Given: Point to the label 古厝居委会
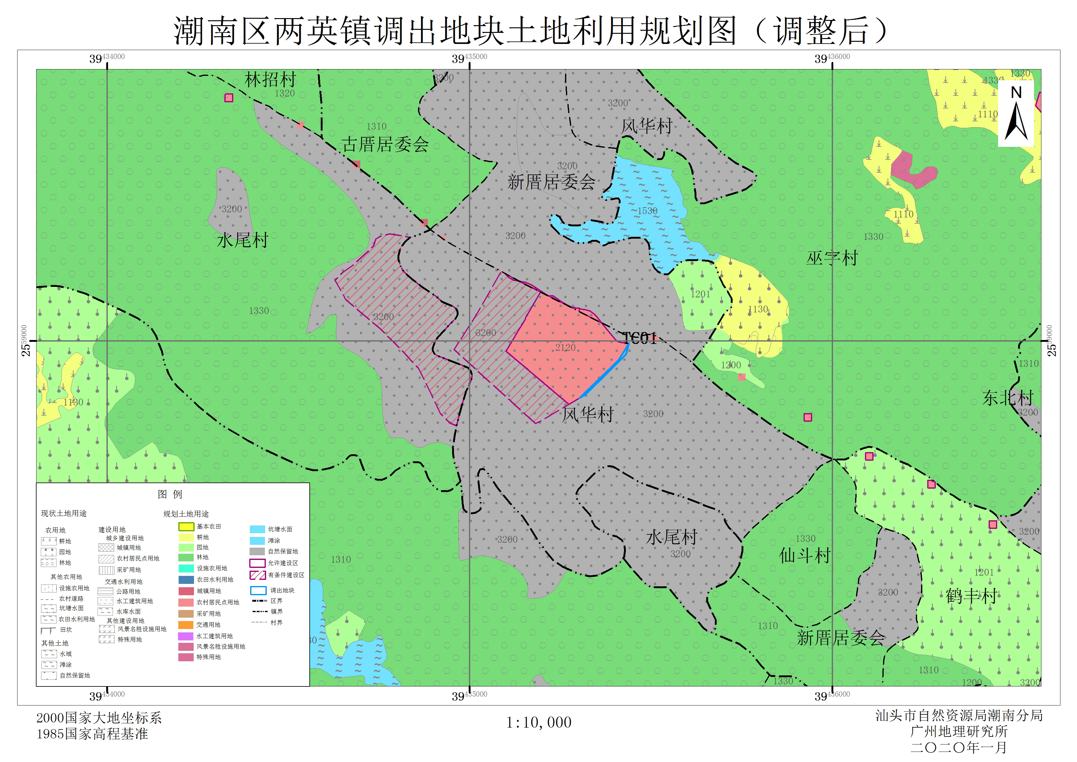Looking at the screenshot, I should click(385, 144).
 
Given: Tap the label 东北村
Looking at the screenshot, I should click(1008, 398).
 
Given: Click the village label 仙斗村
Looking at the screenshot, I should click(804, 555).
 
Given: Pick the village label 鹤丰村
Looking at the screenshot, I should click(971, 596).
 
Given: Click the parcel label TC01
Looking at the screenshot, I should click(640, 338).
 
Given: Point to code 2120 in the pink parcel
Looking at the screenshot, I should click(565, 347).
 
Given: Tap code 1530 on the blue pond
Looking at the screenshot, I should click(647, 211).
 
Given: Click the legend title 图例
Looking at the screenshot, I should click(170, 494).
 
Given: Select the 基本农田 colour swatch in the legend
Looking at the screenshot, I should click(186, 527).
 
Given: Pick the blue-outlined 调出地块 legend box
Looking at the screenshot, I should click(258, 591).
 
